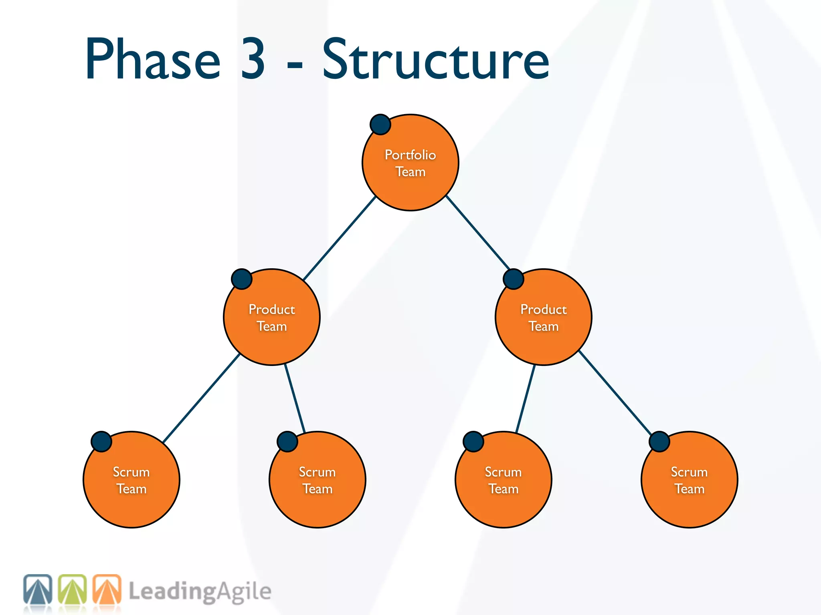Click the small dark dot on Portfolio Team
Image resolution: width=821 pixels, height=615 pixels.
coord(380,125)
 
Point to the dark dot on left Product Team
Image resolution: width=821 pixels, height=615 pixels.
coord(242,279)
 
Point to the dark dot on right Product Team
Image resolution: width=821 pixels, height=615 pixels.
coord(514,279)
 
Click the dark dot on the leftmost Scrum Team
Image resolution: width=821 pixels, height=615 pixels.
coord(101,442)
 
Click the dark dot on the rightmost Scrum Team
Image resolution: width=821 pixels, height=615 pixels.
coord(659,442)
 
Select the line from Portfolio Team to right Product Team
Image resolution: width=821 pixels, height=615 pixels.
coord(478,232)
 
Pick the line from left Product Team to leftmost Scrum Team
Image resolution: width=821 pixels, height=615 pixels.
coord(202,398)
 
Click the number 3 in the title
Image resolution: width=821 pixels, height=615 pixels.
coord(253,59)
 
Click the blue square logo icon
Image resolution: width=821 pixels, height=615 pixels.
coord(38,589)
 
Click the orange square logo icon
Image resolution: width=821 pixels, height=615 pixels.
coord(107,589)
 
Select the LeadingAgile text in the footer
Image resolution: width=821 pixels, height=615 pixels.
coord(200,592)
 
